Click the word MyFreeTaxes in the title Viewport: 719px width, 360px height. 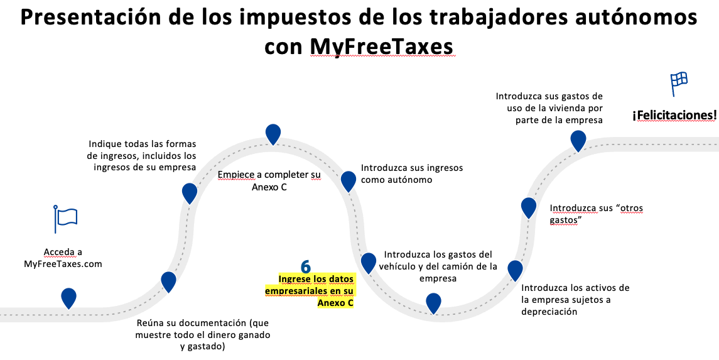(382, 47)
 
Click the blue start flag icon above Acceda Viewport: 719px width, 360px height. (65, 218)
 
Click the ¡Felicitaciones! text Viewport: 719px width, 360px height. (674, 115)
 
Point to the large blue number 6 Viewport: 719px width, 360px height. (306, 266)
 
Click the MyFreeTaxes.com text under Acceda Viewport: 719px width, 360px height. (63, 264)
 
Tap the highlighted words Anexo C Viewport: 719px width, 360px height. (335, 303)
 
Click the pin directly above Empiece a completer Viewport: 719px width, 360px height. (273, 134)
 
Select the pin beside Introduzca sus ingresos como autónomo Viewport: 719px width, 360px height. (349, 181)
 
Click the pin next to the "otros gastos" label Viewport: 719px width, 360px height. (529, 207)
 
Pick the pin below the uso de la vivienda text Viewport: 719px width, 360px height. (578, 140)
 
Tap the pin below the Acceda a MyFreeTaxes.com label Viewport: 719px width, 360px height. (68, 297)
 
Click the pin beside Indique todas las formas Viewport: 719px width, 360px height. (190, 193)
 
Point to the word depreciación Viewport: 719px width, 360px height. (549, 312)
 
